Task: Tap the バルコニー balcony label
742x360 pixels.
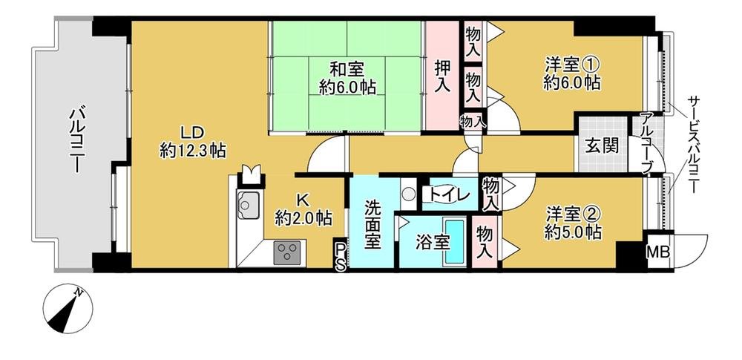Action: [77, 141]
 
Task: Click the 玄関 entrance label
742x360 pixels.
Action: [601, 145]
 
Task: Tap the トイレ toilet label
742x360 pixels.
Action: [447, 195]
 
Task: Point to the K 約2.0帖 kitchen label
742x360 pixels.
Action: [303, 209]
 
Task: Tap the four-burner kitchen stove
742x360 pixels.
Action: [285, 252]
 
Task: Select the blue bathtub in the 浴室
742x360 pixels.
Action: [454, 242]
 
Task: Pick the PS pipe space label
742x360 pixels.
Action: [339, 256]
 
